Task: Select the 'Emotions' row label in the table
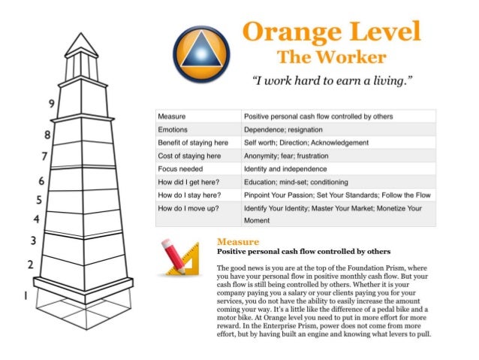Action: [x=173, y=129]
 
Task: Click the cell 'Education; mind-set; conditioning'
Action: [x=295, y=181]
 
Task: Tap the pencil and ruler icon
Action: [x=180, y=257]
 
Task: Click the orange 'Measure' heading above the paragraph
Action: [x=237, y=241]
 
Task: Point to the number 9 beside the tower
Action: [x=50, y=104]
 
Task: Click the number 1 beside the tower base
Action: [x=26, y=295]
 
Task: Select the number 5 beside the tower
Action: [x=37, y=199]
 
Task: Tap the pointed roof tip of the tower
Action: [x=82, y=33]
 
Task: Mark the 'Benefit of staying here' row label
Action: [x=193, y=142]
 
